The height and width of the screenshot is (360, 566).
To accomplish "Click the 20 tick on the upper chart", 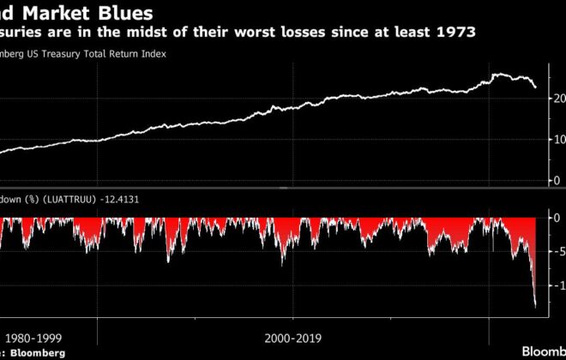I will click(x=558, y=99).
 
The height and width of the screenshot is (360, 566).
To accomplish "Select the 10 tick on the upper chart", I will click(x=558, y=140).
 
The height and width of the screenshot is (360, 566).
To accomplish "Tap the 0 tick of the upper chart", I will click(x=558, y=180).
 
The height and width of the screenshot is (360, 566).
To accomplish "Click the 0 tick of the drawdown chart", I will click(x=557, y=218).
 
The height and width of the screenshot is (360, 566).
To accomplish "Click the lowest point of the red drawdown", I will click(x=536, y=306).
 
